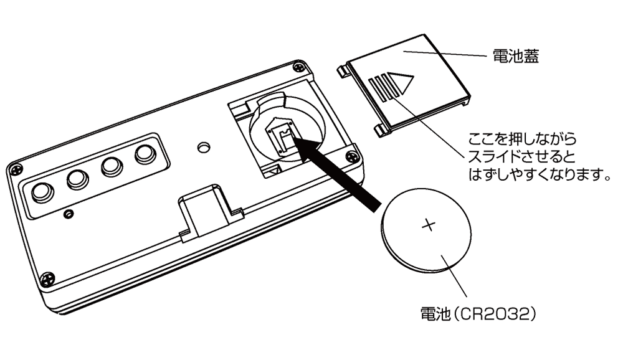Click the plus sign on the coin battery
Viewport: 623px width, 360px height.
428,225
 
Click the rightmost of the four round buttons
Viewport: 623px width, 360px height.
145,153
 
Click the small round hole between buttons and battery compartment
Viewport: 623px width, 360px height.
202,147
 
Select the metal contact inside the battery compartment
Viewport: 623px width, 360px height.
282,136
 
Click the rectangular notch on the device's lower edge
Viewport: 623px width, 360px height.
204,209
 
